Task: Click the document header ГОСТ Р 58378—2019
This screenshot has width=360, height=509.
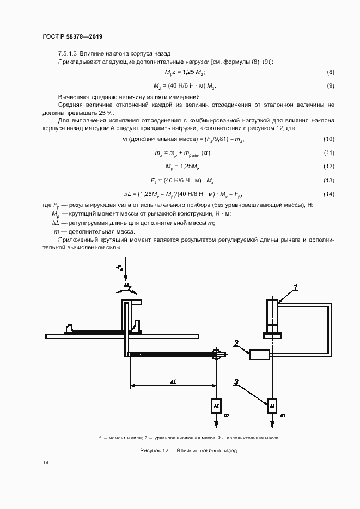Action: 72,36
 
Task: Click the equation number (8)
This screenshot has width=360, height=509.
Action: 330,72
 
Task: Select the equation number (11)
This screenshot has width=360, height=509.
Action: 328,154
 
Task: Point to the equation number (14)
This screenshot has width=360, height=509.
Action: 328,194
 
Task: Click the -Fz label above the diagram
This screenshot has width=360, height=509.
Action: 120,267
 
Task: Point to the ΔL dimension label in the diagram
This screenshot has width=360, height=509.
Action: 173,382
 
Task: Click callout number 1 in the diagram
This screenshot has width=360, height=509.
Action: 295,286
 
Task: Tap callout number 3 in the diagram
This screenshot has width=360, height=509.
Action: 236,383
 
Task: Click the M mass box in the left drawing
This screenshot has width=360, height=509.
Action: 216,406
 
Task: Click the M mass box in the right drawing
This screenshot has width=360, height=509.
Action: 271,406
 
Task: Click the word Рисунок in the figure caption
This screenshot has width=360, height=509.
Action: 152,450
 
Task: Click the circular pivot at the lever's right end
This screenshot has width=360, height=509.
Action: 216,354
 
